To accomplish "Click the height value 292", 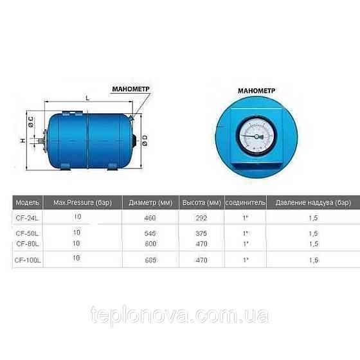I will click(201, 218).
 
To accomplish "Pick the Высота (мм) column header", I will click(201, 202).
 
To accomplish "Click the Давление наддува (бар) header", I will click(313, 202).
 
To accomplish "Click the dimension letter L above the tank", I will click(87, 98).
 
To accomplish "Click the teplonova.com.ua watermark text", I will click(180, 316).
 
